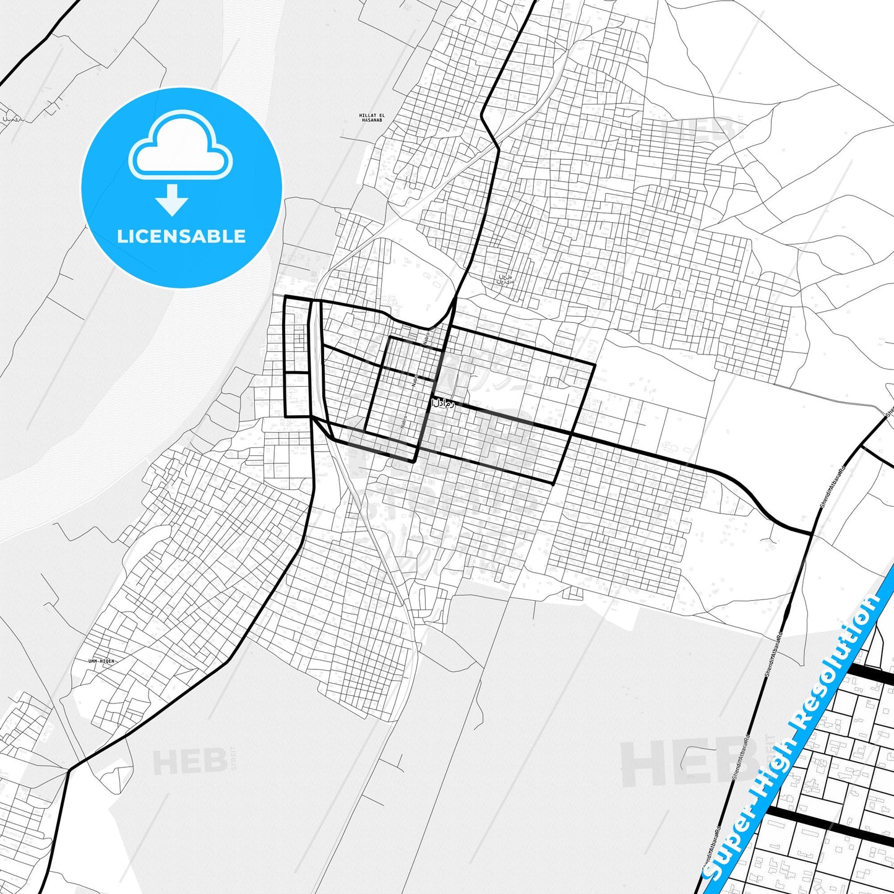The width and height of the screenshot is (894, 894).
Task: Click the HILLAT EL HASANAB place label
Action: tap(371, 118)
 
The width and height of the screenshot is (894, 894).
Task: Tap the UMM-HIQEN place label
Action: tap(101, 661)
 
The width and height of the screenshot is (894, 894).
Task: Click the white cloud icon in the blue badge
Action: tap(180, 147)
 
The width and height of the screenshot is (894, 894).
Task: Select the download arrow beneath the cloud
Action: tap(172, 200)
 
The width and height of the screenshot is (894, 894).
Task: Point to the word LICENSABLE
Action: tap(181, 236)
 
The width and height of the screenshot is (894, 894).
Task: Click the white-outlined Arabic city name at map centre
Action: tap(442, 403)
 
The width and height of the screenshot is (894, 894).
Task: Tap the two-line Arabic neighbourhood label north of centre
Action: tap(505, 280)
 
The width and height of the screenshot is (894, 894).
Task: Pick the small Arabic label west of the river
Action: tap(12, 119)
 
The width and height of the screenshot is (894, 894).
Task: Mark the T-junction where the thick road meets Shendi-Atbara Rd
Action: tap(812, 533)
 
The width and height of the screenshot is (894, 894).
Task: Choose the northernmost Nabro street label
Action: tap(426, 338)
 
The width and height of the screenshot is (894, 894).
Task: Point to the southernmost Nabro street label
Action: tap(404, 422)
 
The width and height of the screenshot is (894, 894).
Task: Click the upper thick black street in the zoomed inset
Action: tap(869, 674)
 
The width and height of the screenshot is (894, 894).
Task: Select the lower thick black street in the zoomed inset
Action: tap(829, 823)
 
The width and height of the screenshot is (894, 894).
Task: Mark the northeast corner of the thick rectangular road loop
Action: tap(594, 365)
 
